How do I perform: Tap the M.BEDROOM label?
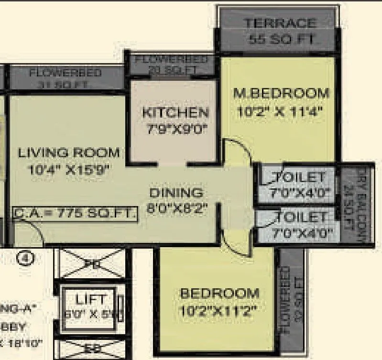tap(281, 93)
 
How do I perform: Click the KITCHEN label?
tap(175, 113)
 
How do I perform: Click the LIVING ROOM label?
tap(69, 153)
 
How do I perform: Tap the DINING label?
tap(176, 193)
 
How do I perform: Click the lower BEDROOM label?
tap(219, 293)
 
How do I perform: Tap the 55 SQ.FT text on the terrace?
tap(281, 40)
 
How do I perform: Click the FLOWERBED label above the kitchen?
tap(172, 60)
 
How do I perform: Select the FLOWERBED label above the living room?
tap(65, 73)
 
